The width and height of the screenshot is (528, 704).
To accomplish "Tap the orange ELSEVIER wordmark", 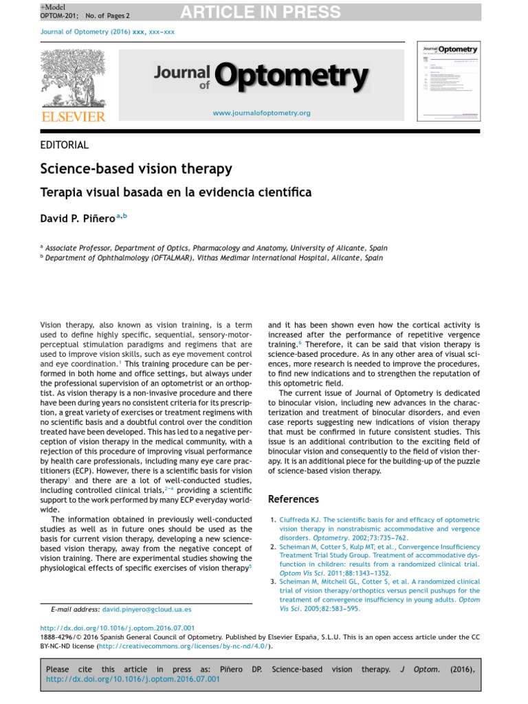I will point(74,117).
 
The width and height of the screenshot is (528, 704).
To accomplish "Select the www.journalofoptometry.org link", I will point(261,113).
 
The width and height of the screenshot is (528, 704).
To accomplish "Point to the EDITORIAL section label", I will point(65,145).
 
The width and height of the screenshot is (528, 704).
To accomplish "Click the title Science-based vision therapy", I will point(136,169).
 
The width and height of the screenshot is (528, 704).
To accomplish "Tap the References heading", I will point(294,499).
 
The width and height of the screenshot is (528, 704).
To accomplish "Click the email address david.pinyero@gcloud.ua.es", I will point(146,609).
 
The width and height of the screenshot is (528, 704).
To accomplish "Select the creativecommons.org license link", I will point(184,646).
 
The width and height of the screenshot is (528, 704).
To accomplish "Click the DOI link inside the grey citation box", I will point(133,679).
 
